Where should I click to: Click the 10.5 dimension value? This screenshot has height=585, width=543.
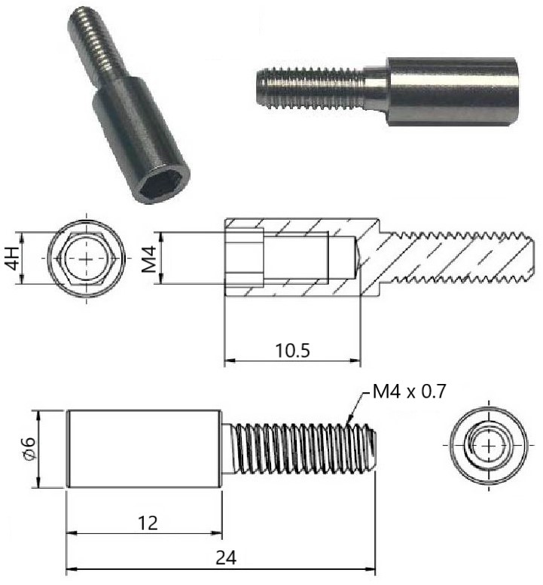pyautogui.click(x=292, y=350)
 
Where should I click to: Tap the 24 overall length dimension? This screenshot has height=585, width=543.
pyautogui.click(x=226, y=558)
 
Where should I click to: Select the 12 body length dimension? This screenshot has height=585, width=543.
pyautogui.click(x=148, y=523)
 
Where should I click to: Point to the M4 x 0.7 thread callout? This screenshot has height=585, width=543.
pyautogui.click(x=410, y=392)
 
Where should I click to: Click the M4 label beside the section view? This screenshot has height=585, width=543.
pyautogui.click(x=150, y=258)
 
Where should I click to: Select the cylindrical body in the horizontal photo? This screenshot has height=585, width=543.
pyautogui.click(x=452, y=91)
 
